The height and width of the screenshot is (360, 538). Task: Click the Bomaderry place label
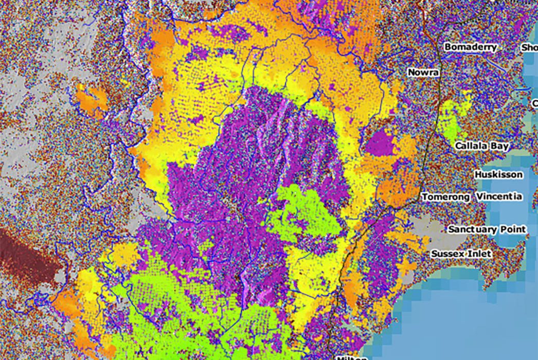(x=471, y=47)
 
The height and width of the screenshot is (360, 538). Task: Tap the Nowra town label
(x=423, y=73)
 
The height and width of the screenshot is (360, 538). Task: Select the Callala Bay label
(x=481, y=146)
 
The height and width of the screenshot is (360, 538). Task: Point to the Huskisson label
(x=498, y=174)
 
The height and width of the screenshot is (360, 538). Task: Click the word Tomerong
(x=445, y=197)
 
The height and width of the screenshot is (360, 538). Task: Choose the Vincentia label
(x=499, y=197)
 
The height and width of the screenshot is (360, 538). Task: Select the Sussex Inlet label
(x=461, y=254)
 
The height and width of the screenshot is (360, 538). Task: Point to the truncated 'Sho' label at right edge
(x=529, y=47)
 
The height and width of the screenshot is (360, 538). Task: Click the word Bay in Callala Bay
(x=499, y=146)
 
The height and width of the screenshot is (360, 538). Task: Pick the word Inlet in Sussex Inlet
(x=479, y=254)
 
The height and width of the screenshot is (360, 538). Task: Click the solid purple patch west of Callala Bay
(x=381, y=142)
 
